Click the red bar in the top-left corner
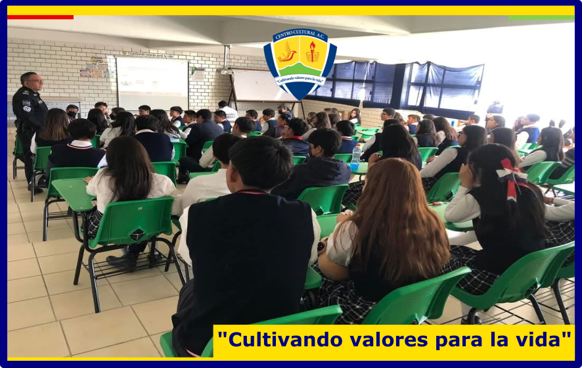[40, 17]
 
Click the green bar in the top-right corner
[541, 18]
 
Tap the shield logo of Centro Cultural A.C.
[300, 64]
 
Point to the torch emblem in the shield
[313, 52]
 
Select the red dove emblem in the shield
[287, 53]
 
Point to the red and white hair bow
[512, 178]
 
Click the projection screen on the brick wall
[152, 83]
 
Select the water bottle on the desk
[355, 157]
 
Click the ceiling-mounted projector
[227, 71]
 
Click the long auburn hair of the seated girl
[397, 219]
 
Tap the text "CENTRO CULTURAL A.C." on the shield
[300, 35]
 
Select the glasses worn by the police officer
[35, 81]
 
